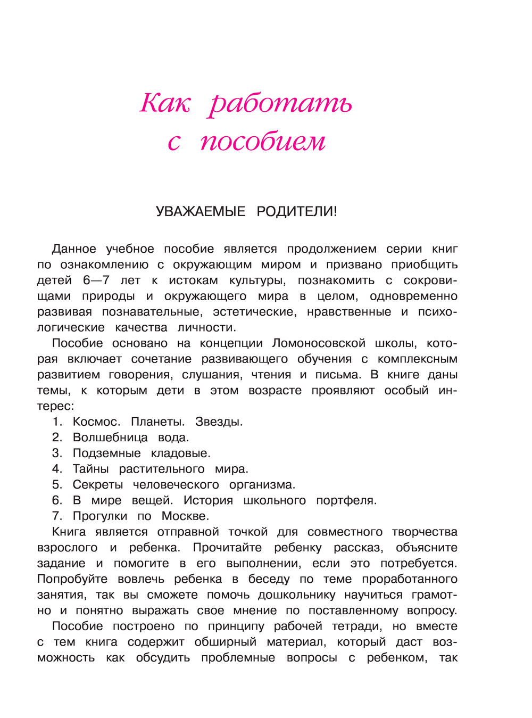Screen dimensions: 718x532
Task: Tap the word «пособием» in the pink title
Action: pos(263,142)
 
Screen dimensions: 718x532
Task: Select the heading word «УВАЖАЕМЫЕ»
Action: pos(201,212)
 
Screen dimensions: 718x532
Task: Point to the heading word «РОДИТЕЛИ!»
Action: pos(297,212)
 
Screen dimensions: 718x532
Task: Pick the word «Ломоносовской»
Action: pos(319,343)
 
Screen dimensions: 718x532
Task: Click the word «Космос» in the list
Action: pos(95,422)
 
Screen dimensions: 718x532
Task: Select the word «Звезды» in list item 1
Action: pos(218,422)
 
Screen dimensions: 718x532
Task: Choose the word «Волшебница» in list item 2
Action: pos(110,438)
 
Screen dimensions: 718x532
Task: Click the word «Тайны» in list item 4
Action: pos(90,469)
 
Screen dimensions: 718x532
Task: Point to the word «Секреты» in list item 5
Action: pos(97,485)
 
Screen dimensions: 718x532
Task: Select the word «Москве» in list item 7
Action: pos(185,516)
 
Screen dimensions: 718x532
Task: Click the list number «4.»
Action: pos(57,469)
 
